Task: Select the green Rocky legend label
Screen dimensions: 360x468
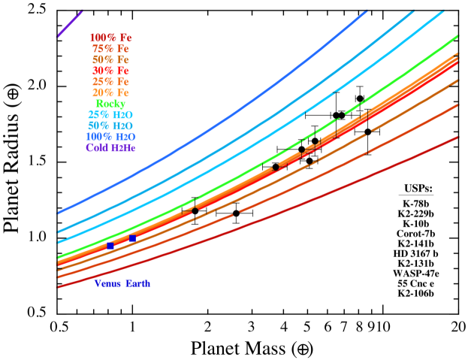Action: coord(110,103)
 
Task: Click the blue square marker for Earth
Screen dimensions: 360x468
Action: coord(132,238)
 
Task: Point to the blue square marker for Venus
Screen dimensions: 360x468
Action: coord(110,246)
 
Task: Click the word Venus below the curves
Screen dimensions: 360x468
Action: coord(109,283)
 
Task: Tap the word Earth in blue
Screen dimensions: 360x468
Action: coord(138,283)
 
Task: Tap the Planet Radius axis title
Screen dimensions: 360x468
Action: coord(14,160)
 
